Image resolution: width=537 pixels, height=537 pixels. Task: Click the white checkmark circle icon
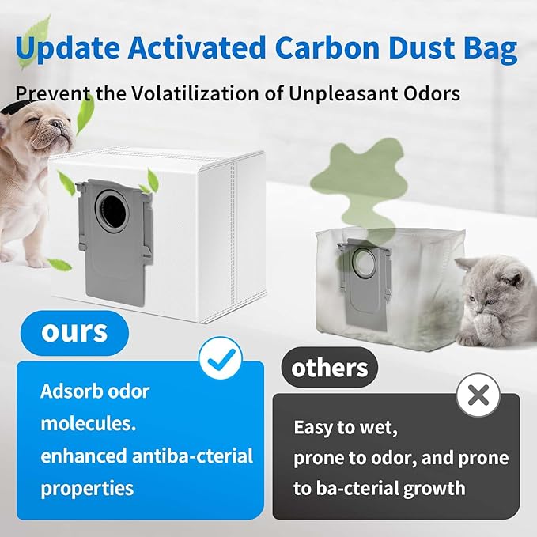point(218,359)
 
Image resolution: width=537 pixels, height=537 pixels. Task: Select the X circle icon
point(478,392)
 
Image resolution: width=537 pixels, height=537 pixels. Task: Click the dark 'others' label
point(330,368)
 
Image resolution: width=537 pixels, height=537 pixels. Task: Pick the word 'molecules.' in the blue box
point(88,423)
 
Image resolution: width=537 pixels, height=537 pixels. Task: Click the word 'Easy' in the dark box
point(314,428)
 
